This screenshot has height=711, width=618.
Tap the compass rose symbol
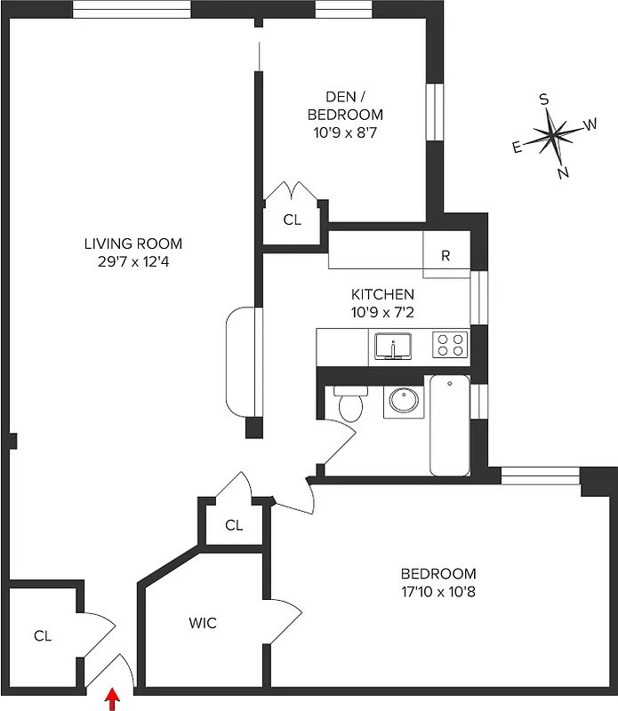(x=554, y=136)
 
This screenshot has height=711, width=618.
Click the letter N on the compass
(x=563, y=173)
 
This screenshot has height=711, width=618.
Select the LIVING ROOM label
(x=133, y=244)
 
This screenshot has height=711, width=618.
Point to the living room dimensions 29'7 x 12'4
(x=133, y=261)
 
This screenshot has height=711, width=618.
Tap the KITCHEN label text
(x=382, y=294)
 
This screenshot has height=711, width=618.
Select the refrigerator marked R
(x=445, y=256)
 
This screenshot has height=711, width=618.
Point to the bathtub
(x=449, y=426)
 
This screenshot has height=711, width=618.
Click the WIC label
(x=202, y=623)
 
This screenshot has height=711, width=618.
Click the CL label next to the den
(x=292, y=220)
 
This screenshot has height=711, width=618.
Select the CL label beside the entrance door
(x=43, y=635)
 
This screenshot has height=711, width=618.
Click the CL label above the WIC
(x=234, y=525)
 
